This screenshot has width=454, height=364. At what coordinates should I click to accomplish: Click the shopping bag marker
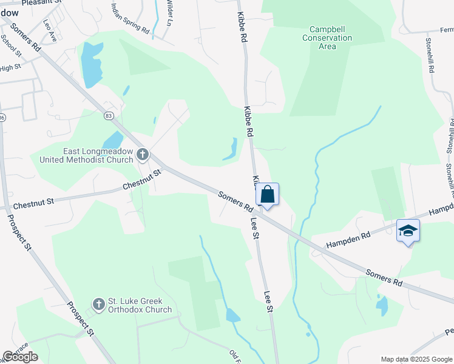(268, 195)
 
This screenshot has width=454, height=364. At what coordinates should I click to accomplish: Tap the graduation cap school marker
(408, 231)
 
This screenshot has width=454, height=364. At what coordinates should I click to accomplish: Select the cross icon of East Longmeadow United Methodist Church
(143, 155)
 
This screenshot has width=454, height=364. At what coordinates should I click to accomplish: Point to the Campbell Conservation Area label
(331, 38)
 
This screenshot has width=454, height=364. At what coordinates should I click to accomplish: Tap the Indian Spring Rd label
(130, 18)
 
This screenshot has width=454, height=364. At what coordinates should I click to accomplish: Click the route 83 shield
(109, 115)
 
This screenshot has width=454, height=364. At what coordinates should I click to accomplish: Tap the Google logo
(20, 357)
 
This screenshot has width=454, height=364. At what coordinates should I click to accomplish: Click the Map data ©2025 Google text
(416, 359)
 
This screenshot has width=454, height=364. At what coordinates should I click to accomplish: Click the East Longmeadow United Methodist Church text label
(86, 155)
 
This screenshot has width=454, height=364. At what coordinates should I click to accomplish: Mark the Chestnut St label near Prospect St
(34, 200)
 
